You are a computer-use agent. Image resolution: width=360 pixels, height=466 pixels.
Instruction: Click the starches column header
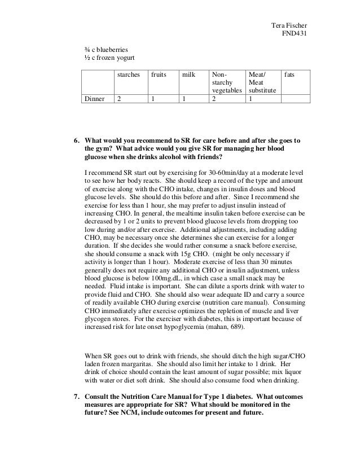coord(128,74)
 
